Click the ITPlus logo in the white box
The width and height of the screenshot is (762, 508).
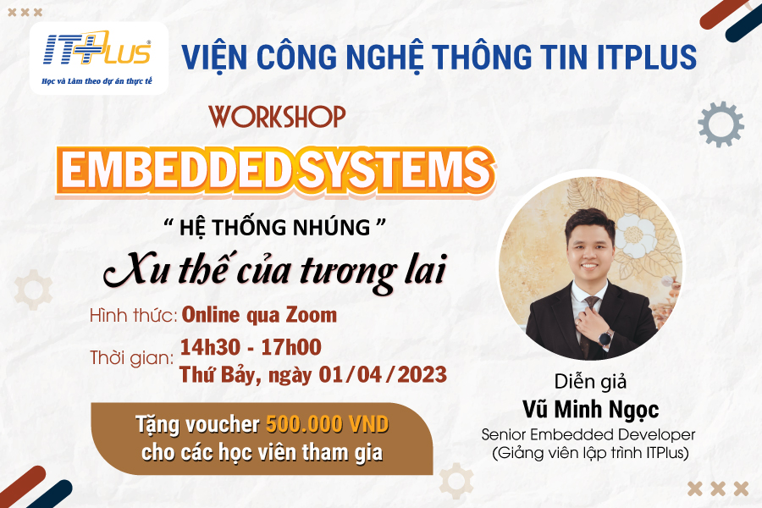97,48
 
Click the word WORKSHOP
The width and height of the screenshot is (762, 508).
277,117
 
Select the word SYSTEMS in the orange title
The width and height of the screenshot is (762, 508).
394,170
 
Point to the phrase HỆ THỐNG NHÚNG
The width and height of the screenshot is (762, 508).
275,228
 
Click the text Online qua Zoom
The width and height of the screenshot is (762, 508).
259,316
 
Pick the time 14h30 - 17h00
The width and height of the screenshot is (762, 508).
251,347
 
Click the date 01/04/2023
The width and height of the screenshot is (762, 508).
383,374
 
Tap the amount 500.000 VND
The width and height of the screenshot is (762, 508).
327,424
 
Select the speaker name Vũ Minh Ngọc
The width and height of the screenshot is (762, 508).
590,409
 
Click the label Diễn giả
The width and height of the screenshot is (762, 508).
590,382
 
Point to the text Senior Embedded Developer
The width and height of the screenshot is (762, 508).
588,434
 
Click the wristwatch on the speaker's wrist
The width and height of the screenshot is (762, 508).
605,337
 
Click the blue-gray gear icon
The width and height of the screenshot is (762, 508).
721,124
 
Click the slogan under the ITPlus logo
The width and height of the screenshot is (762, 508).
97,81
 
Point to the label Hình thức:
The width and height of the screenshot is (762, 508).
134,316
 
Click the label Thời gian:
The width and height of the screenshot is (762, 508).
132,358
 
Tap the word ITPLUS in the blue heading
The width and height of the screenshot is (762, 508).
647,57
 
